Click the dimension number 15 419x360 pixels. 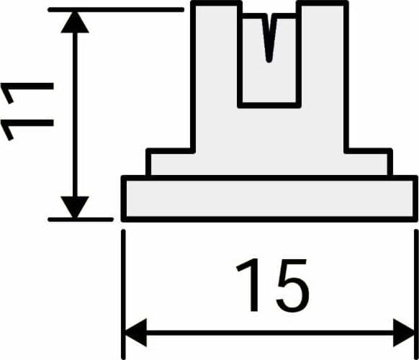click(x=273, y=285)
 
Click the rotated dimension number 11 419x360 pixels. click(x=27, y=112)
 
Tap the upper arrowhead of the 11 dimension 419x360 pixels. click(x=75, y=22)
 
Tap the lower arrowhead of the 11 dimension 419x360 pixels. click(x=75, y=207)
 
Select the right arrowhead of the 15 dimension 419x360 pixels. click(x=404, y=333)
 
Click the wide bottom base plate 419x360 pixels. click(x=269, y=199)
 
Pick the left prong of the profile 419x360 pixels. click(x=217, y=53)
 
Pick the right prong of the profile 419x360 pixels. click(x=323, y=53)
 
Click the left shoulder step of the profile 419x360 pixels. click(x=171, y=162)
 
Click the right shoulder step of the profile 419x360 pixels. click(x=369, y=162)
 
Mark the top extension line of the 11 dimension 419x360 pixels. click(x=116, y=10)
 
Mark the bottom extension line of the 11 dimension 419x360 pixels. click(x=81, y=220)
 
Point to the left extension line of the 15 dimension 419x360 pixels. click(x=123, y=294)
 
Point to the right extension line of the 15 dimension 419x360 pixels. click(x=416, y=294)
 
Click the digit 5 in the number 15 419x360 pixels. click(x=292, y=285)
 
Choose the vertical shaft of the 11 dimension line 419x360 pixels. click(x=75, y=114)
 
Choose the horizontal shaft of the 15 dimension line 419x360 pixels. click(x=270, y=333)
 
